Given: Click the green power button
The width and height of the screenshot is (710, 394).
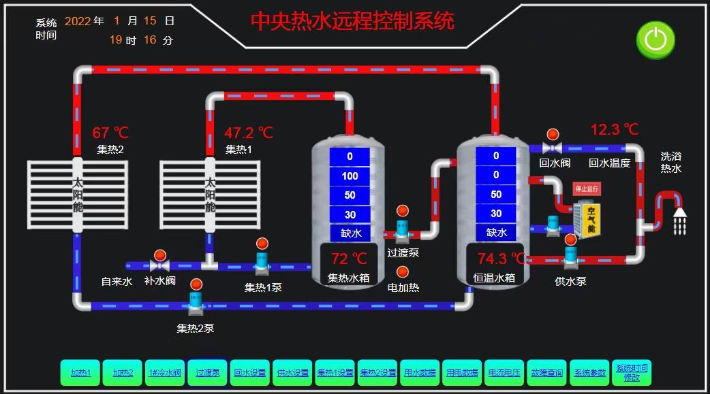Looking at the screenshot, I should (655, 39).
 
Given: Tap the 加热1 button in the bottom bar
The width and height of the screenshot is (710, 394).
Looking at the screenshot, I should (80, 372).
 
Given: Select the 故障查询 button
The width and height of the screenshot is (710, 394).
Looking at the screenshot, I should (546, 372).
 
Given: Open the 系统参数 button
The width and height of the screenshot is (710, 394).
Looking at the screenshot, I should (589, 372).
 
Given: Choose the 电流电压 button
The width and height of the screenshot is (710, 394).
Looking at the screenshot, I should (504, 372).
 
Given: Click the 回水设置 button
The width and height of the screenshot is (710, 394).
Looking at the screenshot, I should (250, 372).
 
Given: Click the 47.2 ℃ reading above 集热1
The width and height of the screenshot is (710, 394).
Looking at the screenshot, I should (248, 132).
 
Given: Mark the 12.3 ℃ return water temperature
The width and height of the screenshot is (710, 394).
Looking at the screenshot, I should (615, 129).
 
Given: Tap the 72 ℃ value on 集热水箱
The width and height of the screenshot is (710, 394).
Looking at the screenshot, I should (349, 259).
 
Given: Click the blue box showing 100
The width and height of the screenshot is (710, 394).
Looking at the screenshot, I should (350, 176).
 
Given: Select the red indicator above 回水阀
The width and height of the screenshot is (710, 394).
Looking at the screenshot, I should (553, 134).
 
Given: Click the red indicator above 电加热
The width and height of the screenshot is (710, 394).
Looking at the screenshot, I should (403, 272).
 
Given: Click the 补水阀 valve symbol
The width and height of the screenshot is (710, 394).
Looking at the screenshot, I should (161, 265).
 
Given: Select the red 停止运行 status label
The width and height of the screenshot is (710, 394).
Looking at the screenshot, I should (586, 188).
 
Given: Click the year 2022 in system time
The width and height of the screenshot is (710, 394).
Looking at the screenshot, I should (78, 21).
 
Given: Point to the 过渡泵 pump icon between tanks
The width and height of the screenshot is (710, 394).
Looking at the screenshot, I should (402, 231).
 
